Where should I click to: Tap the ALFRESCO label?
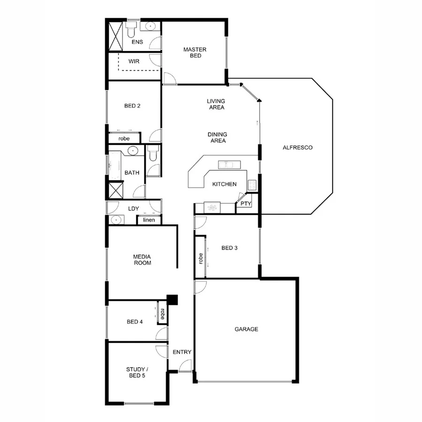coord(297,148)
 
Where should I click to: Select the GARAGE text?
coord(246,329)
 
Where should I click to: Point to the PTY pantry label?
coord(245,204)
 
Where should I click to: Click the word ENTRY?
coord(181,352)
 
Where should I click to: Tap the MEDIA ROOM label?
coord(142,260)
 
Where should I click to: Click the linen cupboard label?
coord(149,220)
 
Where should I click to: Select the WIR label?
coord(134,61)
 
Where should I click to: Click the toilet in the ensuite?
coord(131,31)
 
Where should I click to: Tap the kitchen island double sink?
coord(229,165)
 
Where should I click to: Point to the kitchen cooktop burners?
coord(252,185)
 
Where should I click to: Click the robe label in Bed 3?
coord(201,259)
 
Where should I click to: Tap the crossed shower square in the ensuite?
coord(115,35)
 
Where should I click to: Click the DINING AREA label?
coord(217,137)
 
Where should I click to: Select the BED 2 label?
coord(132,106)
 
